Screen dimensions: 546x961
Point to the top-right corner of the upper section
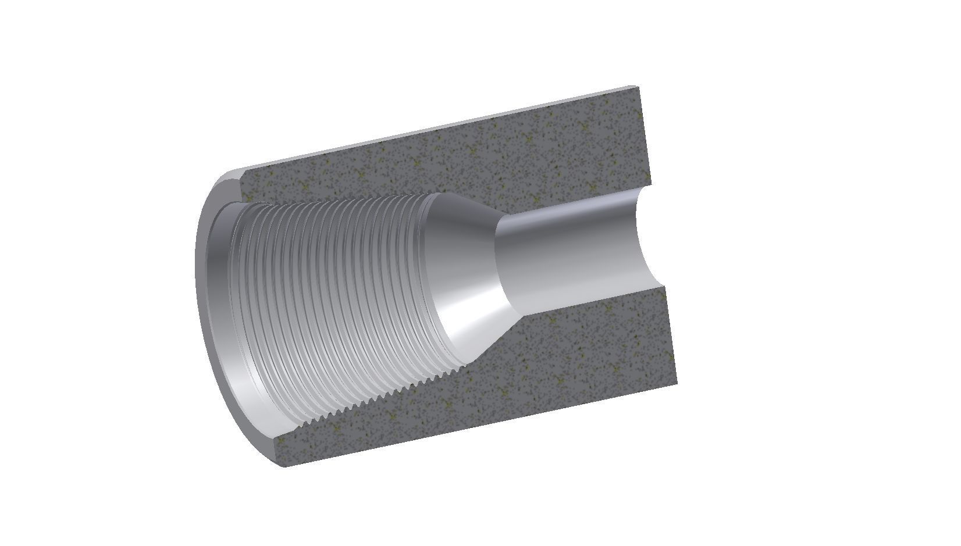[639, 87]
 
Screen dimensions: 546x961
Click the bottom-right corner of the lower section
[677, 384]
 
